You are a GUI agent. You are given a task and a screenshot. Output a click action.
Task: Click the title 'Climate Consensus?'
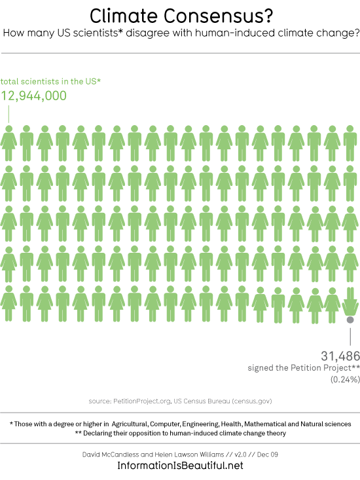click(x=181, y=16)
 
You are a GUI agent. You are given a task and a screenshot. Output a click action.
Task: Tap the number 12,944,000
click(x=33, y=96)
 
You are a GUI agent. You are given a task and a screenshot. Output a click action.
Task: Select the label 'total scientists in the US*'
click(x=50, y=81)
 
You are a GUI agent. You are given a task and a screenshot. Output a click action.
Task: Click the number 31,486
click(x=340, y=356)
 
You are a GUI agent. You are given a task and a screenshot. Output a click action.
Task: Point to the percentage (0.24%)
click(x=345, y=379)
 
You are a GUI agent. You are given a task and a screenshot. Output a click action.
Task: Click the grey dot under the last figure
click(x=350, y=320)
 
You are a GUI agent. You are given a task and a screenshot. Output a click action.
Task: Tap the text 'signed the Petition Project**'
click(x=304, y=367)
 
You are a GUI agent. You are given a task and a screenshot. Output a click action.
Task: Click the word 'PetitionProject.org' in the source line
click(x=142, y=401)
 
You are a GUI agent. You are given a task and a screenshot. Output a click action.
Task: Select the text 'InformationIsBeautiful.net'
click(x=180, y=466)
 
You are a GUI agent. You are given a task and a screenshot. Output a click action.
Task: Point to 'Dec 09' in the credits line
click(x=267, y=454)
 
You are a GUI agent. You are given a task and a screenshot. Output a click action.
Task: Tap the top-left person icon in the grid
click(x=9, y=143)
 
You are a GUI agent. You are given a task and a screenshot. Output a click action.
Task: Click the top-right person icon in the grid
click(x=350, y=143)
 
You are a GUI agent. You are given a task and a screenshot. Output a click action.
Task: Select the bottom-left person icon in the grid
click(x=9, y=303)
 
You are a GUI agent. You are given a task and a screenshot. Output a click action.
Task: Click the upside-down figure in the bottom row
click(x=350, y=302)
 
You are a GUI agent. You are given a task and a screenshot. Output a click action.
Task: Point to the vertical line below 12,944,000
click(x=9, y=114)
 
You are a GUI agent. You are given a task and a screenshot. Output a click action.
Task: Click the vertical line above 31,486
click(x=350, y=337)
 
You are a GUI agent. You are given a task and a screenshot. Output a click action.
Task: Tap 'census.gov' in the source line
click(x=252, y=401)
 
